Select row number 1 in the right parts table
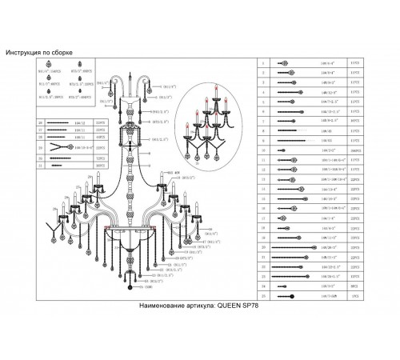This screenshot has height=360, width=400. click(264, 62)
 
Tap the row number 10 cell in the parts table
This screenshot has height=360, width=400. click(264, 150)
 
